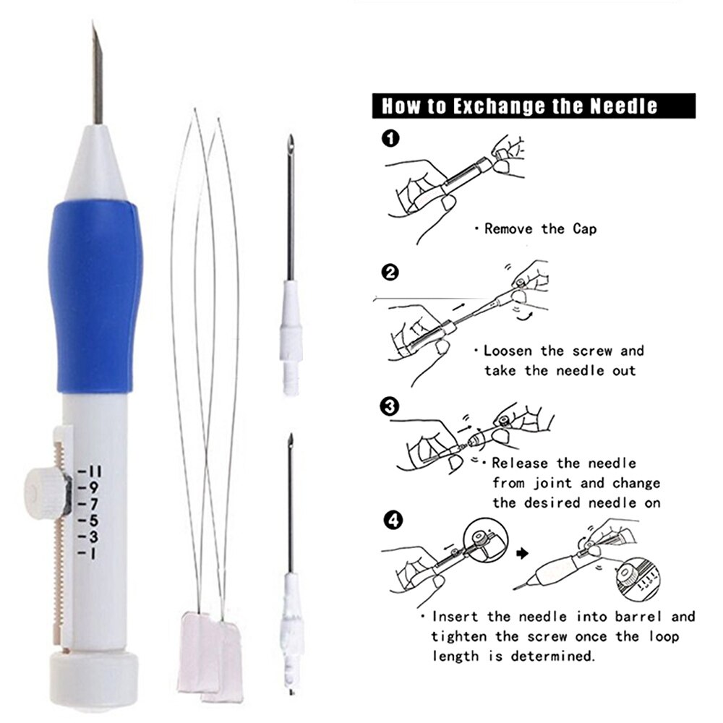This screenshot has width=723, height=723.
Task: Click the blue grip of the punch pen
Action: [x=95, y=296]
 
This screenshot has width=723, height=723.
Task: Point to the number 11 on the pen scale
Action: [x=94, y=472]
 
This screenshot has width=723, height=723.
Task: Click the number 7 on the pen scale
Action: [x=94, y=504]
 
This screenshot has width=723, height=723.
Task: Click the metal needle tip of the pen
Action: [x=97, y=72]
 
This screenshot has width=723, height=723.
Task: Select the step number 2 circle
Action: [x=390, y=273]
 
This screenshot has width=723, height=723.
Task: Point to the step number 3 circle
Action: [x=390, y=407]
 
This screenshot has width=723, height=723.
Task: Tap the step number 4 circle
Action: [x=390, y=520]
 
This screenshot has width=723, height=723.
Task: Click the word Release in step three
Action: [x=522, y=463]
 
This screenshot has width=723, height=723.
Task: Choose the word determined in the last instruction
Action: [x=556, y=656]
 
